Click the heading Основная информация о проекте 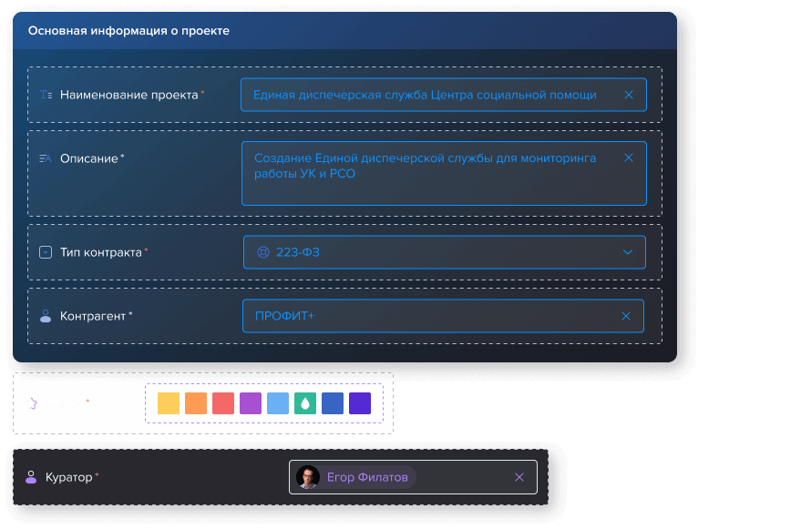128,31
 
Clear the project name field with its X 629,95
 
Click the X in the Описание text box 629,158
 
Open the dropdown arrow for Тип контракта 628,252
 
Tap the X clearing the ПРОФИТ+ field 626,316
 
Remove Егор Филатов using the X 519,477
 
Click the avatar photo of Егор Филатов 308,477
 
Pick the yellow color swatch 169,403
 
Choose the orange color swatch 196,403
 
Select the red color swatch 223,403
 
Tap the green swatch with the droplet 305,403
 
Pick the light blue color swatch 278,403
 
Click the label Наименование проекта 129,95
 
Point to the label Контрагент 93,316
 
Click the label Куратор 69,477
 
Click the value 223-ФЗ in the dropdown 298,252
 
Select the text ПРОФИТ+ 284,316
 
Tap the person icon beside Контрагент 46,316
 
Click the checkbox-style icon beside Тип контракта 46,252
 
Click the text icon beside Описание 46,158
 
